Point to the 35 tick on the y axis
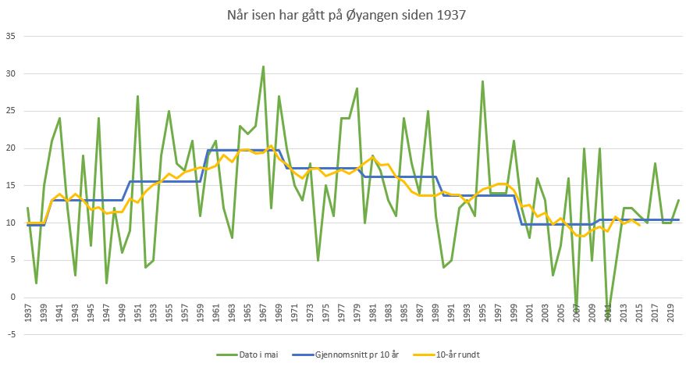[11, 36]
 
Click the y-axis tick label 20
[11, 148]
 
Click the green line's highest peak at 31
[263, 66]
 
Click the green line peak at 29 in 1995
[482, 81]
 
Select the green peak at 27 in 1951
[137, 96]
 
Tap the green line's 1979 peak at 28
[357, 88]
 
